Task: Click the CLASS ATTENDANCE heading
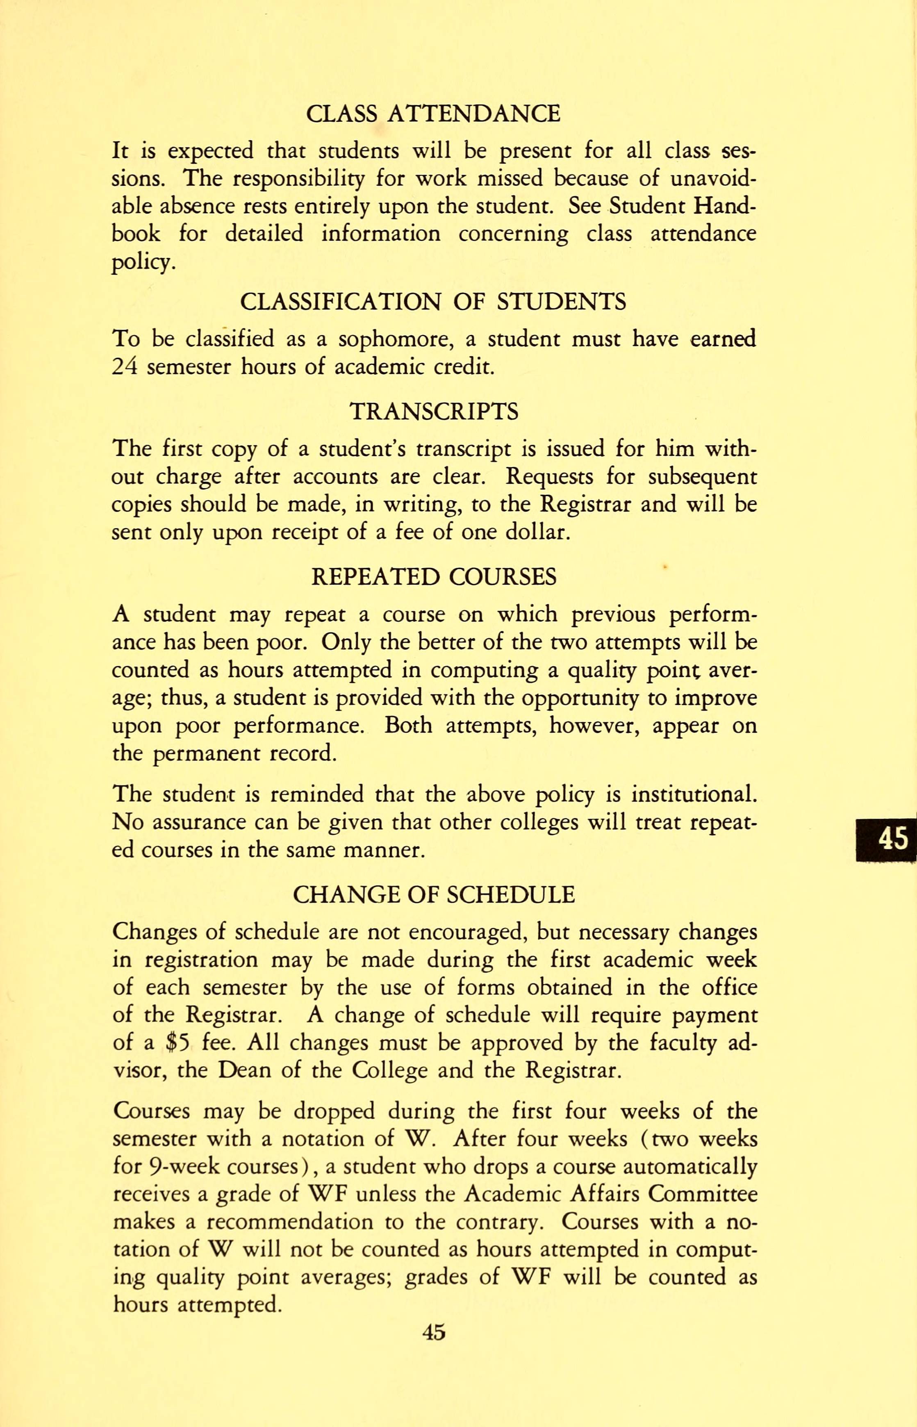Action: point(433,113)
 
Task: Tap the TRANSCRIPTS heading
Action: point(433,411)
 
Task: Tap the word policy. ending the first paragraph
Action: point(143,262)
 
